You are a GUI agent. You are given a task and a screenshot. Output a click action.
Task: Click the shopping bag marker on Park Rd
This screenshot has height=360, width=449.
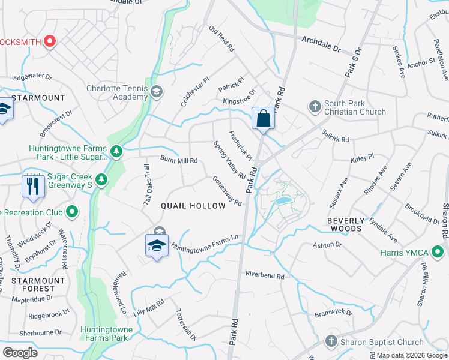[x=264, y=118]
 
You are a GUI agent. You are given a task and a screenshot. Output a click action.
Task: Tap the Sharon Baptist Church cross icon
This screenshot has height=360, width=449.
[x=330, y=342]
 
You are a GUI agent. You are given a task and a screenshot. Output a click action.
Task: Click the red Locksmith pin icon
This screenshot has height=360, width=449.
[x=50, y=41]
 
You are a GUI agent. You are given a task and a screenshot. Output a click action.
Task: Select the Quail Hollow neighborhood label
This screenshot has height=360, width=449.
[x=193, y=206]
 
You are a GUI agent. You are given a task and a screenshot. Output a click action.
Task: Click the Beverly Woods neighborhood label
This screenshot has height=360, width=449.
[x=345, y=224]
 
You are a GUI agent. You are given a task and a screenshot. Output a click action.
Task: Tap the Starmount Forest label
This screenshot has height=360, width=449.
[x=38, y=284]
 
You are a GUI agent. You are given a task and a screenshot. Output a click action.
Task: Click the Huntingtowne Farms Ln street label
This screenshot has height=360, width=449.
[x=205, y=242]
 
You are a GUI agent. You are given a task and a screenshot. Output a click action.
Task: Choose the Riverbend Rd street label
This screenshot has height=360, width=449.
[x=264, y=275]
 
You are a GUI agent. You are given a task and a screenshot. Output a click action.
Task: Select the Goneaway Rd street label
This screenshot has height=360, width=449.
[x=227, y=191]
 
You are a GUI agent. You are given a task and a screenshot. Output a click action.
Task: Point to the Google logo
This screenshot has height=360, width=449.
[x=20, y=353]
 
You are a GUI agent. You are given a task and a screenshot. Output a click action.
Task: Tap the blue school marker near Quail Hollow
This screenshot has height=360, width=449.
[x=157, y=245]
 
